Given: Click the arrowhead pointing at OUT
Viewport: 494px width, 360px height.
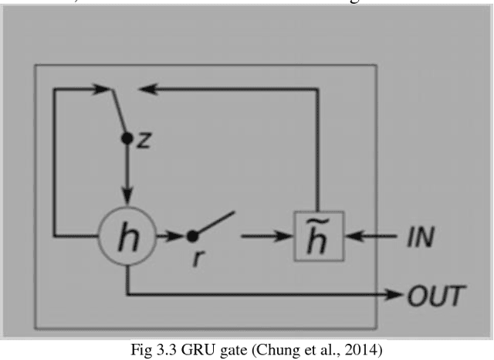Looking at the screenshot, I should point(401,294).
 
